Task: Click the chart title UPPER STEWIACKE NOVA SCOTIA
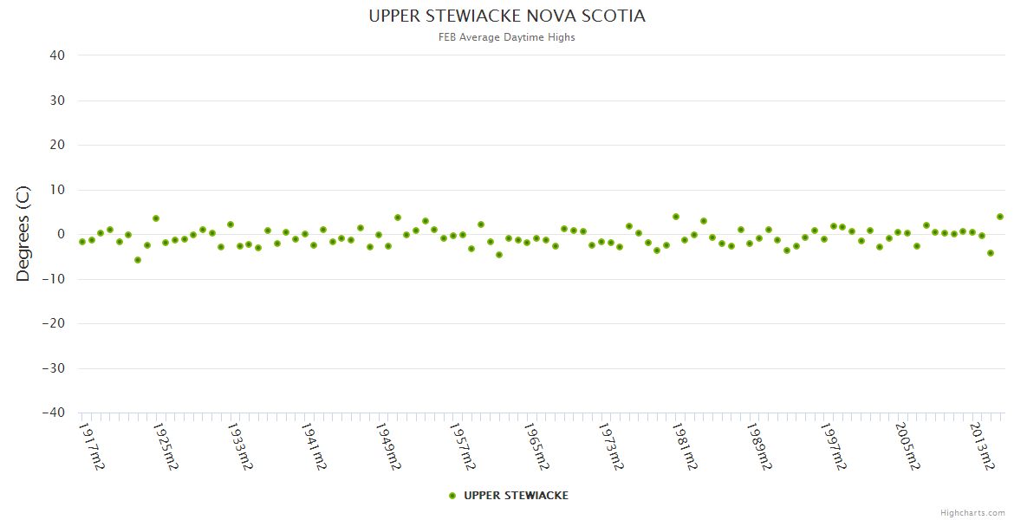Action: [507, 16]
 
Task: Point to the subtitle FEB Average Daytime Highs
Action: [507, 37]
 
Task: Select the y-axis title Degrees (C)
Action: [23, 234]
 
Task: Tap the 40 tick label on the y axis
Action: [57, 55]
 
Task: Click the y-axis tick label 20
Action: [57, 145]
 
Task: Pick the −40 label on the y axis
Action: [53, 413]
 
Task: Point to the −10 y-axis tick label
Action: [53, 279]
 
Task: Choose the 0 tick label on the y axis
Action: [61, 234]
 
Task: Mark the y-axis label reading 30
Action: [57, 101]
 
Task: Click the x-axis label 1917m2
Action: [92, 445]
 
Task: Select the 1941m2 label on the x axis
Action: [314, 445]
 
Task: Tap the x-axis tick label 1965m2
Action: [536, 445]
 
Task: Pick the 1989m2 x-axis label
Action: [758, 445]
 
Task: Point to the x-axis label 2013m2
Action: [980, 445]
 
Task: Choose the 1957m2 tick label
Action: [462, 445]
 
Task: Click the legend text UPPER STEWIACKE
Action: [516, 496]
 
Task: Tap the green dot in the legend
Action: [452, 496]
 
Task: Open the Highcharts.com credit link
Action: [972, 512]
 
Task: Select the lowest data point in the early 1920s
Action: [138, 260]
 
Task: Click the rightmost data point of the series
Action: [999, 217]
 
